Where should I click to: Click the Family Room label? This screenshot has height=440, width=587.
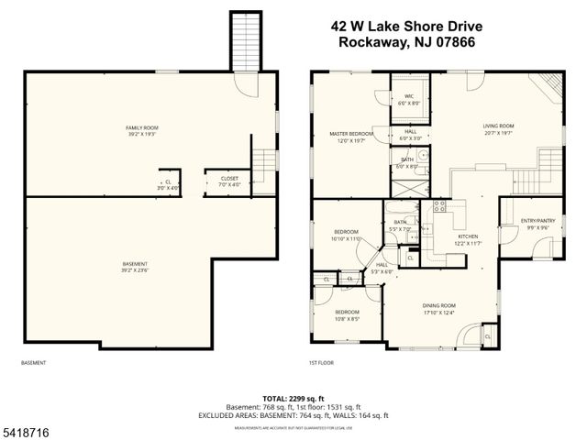142,129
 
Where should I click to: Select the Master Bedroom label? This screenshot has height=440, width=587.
351,137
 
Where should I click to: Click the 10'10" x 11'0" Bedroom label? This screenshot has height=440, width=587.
346,235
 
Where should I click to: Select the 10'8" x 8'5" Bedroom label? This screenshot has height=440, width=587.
346,314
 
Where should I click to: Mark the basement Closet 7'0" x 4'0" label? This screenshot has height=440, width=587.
229,181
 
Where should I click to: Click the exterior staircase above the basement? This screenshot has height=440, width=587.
244,40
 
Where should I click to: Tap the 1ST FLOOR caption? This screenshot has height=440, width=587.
322,362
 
